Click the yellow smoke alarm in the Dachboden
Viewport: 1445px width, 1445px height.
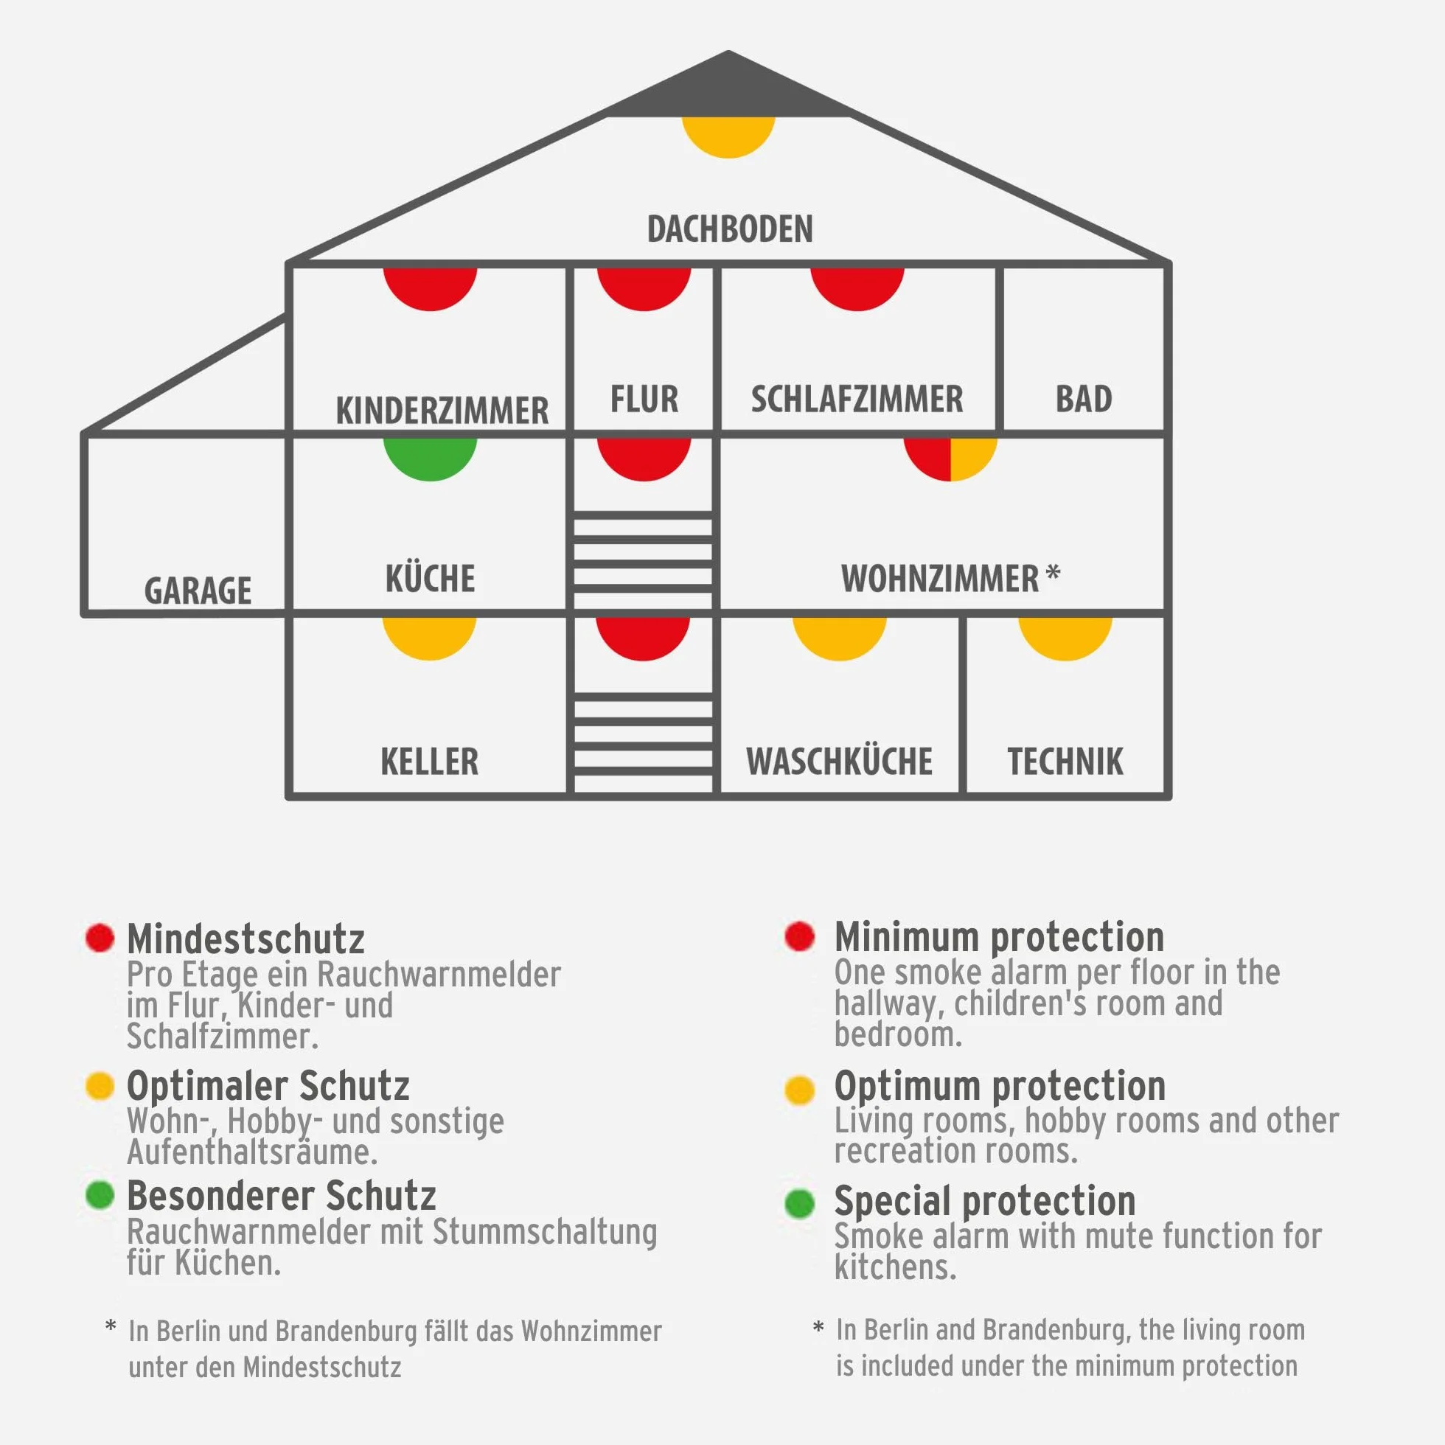(x=728, y=136)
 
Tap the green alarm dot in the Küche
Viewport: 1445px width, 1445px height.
(x=430, y=458)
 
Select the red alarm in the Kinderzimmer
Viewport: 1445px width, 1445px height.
(x=430, y=288)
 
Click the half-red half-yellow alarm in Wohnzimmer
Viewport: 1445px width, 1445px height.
(x=950, y=458)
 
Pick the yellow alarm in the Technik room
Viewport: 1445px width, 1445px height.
(x=1065, y=638)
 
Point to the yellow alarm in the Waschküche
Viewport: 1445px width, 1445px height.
(x=839, y=638)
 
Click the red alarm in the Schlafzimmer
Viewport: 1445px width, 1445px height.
(x=857, y=288)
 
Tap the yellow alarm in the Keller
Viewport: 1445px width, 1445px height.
(x=429, y=638)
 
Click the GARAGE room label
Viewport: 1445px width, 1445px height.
(x=198, y=590)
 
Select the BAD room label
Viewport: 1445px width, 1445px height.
(x=1084, y=399)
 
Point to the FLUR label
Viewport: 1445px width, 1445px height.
(x=644, y=399)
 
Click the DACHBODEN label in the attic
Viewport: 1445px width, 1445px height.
(x=729, y=229)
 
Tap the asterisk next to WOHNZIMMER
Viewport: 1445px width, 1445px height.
(x=1052, y=573)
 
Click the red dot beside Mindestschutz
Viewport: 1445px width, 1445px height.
(x=100, y=937)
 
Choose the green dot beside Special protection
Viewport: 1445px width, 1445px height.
(x=799, y=1203)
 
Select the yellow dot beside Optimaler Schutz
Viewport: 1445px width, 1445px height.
(x=100, y=1085)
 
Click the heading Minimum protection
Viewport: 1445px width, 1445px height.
(x=999, y=936)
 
